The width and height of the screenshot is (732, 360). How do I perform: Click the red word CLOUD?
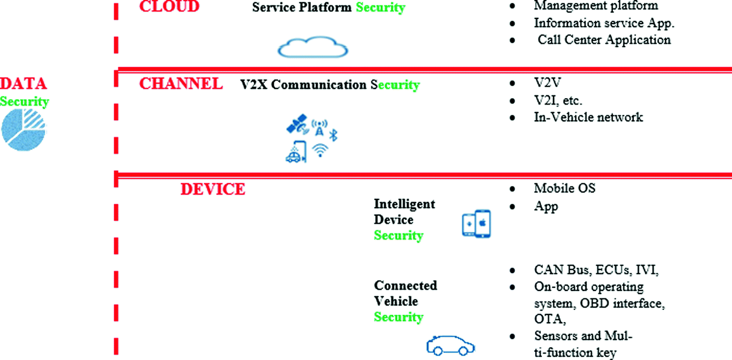(169, 6)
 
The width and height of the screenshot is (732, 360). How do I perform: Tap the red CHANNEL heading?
(181, 84)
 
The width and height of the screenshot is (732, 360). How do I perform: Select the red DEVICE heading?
(212, 190)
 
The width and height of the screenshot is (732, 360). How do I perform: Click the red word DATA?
(23, 84)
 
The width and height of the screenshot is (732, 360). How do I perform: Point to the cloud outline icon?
(313, 47)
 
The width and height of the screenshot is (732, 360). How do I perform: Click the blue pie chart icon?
(23, 130)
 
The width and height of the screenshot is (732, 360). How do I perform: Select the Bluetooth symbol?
(333, 135)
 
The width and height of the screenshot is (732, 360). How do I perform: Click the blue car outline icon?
(451, 346)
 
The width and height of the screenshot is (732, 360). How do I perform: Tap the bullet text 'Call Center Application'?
(604, 40)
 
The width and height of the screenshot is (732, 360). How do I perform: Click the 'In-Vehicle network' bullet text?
(588, 117)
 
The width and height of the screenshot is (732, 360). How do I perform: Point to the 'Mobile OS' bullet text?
(564, 188)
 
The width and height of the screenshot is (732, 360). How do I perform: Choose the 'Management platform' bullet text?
(596, 6)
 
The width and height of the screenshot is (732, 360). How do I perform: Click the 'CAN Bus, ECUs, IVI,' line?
(596, 270)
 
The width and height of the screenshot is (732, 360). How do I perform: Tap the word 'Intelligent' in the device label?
(404, 204)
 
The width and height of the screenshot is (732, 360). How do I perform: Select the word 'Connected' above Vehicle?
(405, 286)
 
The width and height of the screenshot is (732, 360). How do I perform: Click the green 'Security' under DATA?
(24, 101)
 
